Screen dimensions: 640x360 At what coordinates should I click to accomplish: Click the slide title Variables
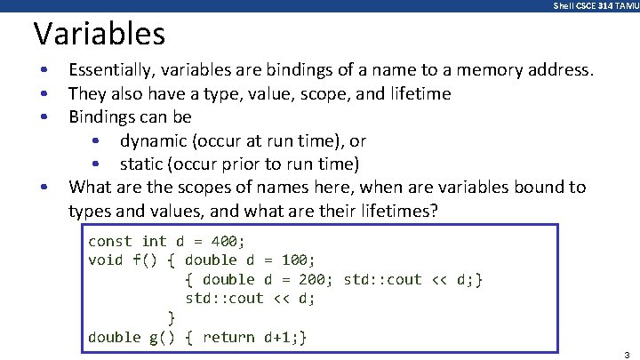(x=100, y=35)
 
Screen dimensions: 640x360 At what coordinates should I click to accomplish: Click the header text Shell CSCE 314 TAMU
(x=595, y=6)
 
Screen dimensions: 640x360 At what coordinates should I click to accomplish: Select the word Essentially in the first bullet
(x=111, y=69)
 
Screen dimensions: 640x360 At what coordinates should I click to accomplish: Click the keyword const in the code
(x=110, y=241)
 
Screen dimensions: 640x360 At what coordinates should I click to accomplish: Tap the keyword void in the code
(x=106, y=260)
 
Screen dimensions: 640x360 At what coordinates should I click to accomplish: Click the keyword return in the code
(x=228, y=337)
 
